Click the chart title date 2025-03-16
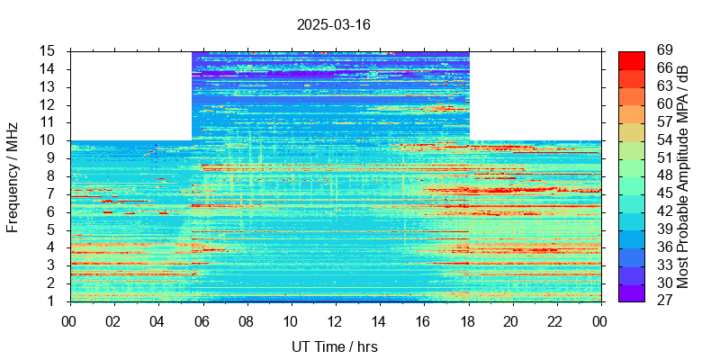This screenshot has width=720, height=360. [x=333, y=24]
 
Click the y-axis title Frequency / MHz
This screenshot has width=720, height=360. [x=13, y=175]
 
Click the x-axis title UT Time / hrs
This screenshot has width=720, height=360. [x=335, y=346]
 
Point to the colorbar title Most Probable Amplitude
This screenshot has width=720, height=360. [x=684, y=175]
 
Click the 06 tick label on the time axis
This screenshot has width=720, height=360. [x=202, y=321]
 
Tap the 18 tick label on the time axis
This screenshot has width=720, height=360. [x=468, y=321]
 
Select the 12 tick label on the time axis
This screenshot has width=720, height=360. [x=335, y=321]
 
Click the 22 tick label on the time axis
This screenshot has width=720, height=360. [x=556, y=321]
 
